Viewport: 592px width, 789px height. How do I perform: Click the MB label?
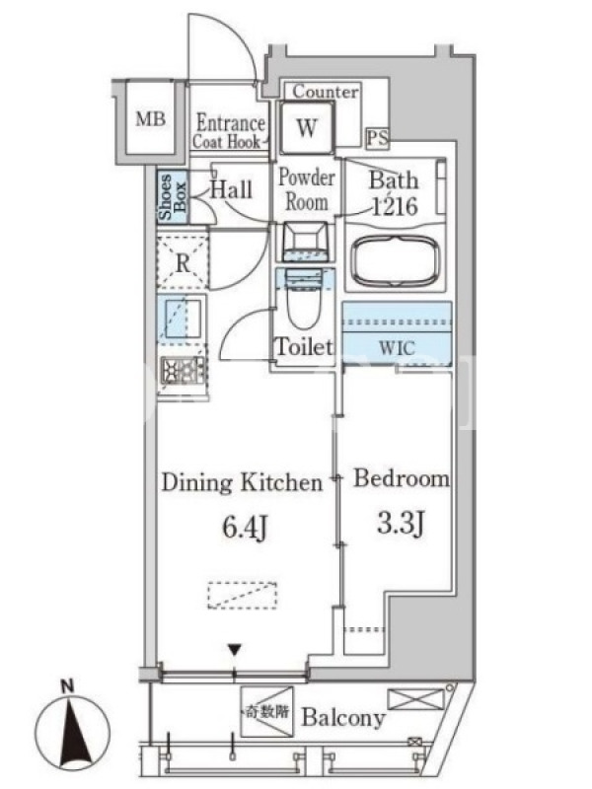click(151, 119)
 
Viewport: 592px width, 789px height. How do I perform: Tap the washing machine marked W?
click(307, 127)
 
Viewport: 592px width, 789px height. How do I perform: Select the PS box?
click(378, 138)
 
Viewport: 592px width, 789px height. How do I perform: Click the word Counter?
click(326, 92)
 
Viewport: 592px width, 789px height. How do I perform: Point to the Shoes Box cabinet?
click(172, 196)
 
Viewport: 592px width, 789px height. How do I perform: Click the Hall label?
click(231, 189)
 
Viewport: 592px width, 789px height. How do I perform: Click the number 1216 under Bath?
click(395, 206)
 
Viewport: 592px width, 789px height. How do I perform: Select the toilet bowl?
click(304, 300)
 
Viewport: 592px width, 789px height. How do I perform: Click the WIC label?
click(398, 348)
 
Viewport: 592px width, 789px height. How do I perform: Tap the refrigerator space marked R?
click(183, 261)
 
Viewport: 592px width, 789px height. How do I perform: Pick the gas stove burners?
click(183, 371)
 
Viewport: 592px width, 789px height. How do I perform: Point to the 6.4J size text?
click(244, 529)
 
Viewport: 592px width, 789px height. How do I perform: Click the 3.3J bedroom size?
click(401, 524)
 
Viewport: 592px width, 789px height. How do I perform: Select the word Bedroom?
click(402, 478)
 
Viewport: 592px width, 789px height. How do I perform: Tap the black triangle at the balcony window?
click(234, 650)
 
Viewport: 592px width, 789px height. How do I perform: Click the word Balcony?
click(343, 718)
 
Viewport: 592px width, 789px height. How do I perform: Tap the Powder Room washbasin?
click(306, 241)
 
